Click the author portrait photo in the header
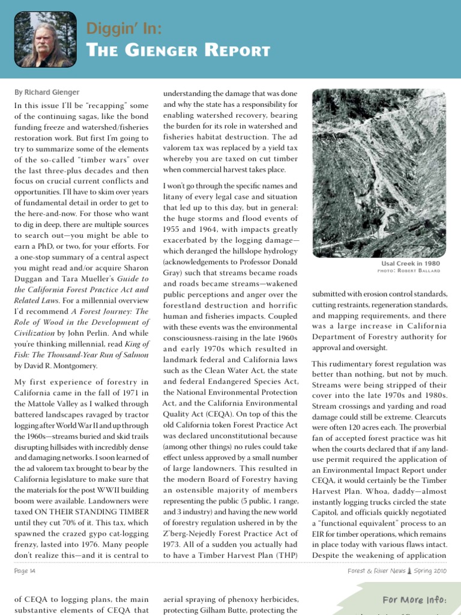45,39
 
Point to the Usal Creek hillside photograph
379,172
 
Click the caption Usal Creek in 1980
410,263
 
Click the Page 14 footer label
25,571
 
